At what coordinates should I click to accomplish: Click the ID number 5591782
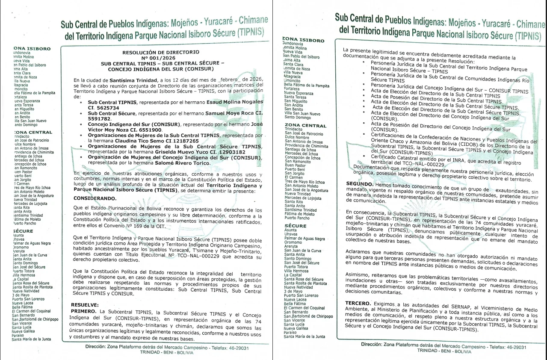click(x=101, y=118)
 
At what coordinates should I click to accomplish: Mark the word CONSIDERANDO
click(x=95, y=198)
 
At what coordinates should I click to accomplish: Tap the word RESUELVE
click(x=85, y=305)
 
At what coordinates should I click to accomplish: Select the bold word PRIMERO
click(x=83, y=311)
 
